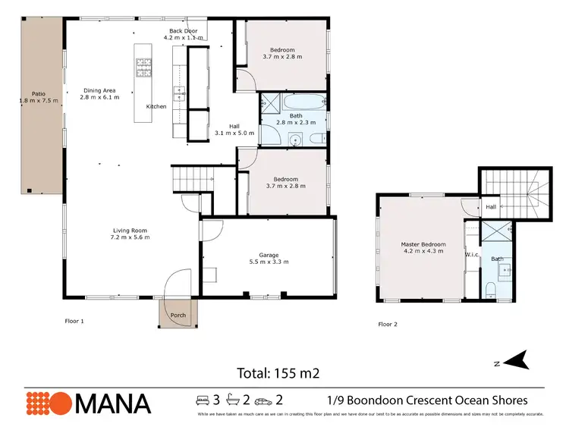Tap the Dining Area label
(101, 90)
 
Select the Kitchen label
(156, 106)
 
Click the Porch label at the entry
(178, 316)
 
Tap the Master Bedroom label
(423, 244)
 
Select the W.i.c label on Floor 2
(471, 255)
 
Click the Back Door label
(184, 30)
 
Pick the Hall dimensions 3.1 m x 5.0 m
(240, 133)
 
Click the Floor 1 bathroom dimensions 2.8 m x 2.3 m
(295, 122)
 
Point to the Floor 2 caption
(388, 324)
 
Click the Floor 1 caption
(74, 321)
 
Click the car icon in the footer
(262, 400)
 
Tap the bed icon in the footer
(203, 400)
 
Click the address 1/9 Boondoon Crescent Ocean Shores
(427, 400)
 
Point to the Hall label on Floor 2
(491, 206)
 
